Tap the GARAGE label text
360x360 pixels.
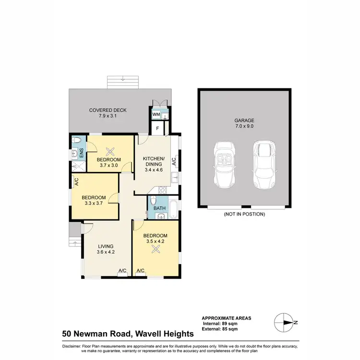(x=244, y=121)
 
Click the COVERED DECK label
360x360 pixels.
(x=108, y=110)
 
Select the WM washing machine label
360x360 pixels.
(x=156, y=115)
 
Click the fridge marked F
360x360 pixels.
(x=156, y=128)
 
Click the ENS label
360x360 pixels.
(x=81, y=153)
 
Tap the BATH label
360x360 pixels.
(x=159, y=208)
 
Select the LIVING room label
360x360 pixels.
(x=106, y=246)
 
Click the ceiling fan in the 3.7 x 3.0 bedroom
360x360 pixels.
(x=109, y=149)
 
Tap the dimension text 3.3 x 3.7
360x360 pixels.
(x=93, y=204)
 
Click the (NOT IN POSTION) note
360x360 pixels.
(x=244, y=214)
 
